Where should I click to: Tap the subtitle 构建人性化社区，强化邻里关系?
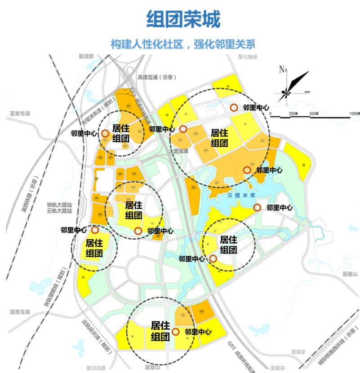[183, 45]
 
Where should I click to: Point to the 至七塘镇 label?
[247, 57]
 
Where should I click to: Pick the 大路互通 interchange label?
[178, 151]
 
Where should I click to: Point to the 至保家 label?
[298, 352]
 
